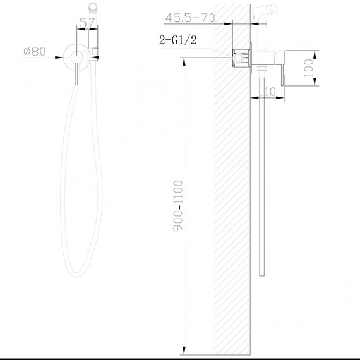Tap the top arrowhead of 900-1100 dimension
pyautogui.click(x=184, y=61)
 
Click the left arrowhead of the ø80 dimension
pyautogui.click(x=64, y=52)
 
